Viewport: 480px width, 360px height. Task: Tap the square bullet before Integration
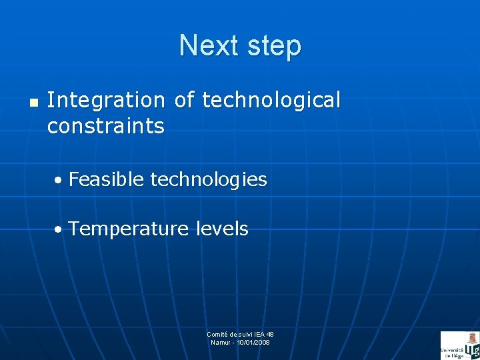[x=33, y=103]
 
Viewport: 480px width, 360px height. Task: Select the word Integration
[x=105, y=100]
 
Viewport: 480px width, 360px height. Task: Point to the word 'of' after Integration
[x=184, y=100]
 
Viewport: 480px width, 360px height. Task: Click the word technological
[x=271, y=100]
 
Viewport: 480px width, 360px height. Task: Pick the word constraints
[x=105, y=126]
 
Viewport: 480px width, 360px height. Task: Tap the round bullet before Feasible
[x=60, y=181]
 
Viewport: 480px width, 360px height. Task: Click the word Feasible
[x=106, y=179]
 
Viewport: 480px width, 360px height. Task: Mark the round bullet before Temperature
[x=60, y=230]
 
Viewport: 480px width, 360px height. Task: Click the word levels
[x=222, y=229]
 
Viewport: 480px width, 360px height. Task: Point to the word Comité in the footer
[x=217, y=334]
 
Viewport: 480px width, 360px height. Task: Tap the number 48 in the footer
[x=269, y=334]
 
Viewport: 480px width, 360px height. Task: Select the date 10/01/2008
[x=254, y=342]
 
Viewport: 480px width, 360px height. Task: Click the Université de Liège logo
[x=459, y=345]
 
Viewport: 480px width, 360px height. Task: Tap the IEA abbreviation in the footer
[x=258, y=334]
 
